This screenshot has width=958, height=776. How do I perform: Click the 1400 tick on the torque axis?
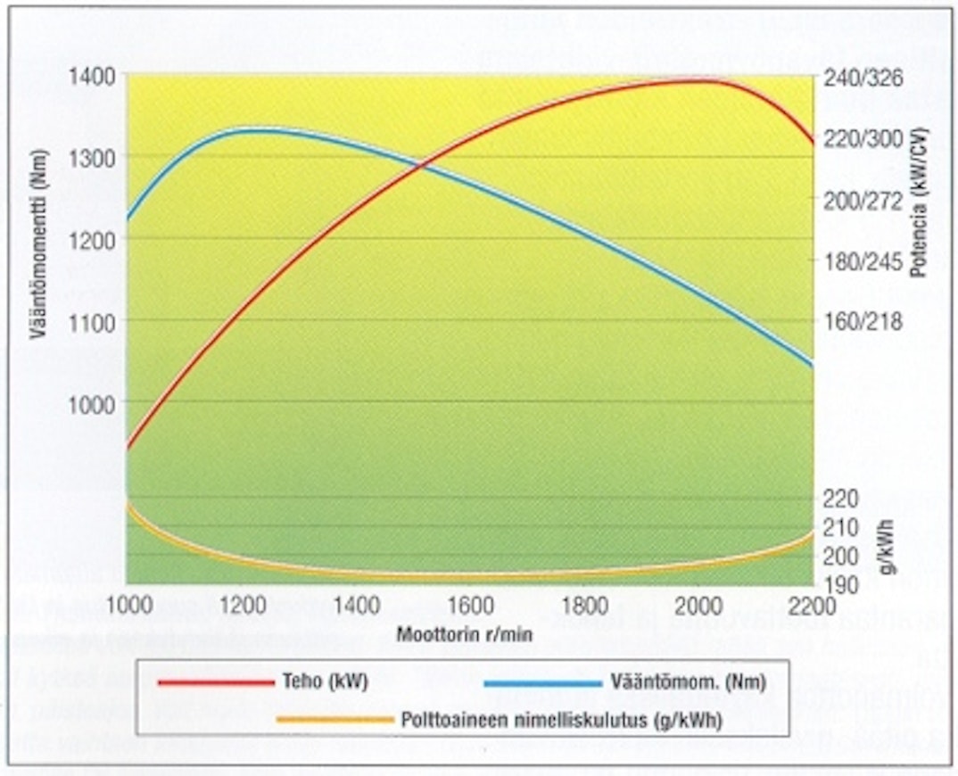92,75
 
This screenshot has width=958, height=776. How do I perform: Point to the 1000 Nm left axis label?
92,403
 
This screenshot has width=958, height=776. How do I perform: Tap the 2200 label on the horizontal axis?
812,605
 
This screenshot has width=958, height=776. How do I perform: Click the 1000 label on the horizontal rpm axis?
130,605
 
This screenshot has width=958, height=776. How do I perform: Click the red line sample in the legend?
214,682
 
